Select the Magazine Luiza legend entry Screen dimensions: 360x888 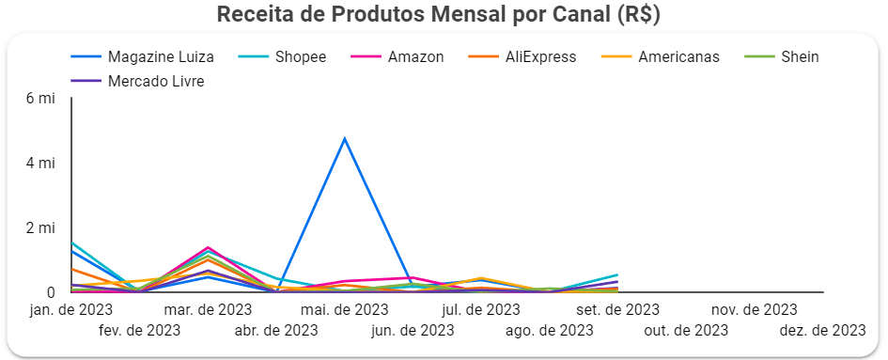coord(161,57)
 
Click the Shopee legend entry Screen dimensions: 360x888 coord(301,57)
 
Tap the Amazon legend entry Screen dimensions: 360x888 coord(415,57)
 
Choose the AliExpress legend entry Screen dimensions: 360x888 coord(539,57)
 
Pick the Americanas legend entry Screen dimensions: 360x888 coord(678,57)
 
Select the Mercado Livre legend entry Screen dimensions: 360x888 coord(156,82)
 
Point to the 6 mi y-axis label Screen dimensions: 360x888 coord(40,98)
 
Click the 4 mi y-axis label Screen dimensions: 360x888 coord(40,163)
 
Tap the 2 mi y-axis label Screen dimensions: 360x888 coord(40,227)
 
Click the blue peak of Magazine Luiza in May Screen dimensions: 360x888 coord(345,138)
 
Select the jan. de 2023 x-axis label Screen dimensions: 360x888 coord(71,309)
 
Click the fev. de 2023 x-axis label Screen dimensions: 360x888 coord(139,330)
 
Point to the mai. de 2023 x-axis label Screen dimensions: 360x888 coord(344,309)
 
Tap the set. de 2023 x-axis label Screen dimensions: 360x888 coord(617,309)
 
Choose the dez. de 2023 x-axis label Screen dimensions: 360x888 coord(822,330)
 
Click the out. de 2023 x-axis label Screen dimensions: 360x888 coord(686,330)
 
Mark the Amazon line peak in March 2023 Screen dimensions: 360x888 coord(208,247)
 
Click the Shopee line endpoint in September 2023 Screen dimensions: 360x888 coord(617,274)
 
